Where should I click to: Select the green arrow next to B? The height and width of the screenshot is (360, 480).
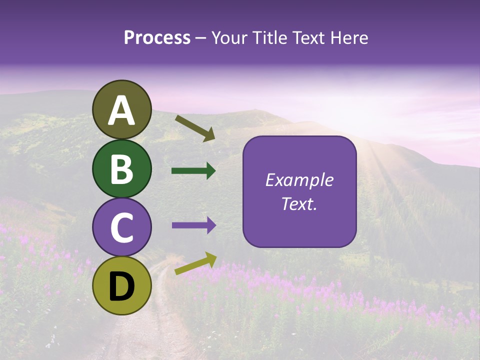(193, 171)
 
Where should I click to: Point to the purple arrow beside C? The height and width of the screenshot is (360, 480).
(193, 225)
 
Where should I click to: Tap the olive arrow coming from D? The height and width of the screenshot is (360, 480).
(195, 263)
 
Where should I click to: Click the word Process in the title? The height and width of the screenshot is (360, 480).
(157, 38)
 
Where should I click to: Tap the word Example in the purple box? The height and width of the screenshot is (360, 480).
(299, 180)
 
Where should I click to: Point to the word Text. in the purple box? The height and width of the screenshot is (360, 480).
(299, 203)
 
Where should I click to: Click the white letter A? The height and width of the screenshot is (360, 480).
(121, 111)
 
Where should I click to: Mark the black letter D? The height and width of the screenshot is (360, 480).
(121, 286)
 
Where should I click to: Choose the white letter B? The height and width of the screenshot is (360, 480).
(121, 169)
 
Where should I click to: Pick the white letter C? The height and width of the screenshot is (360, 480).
(121, 228)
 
